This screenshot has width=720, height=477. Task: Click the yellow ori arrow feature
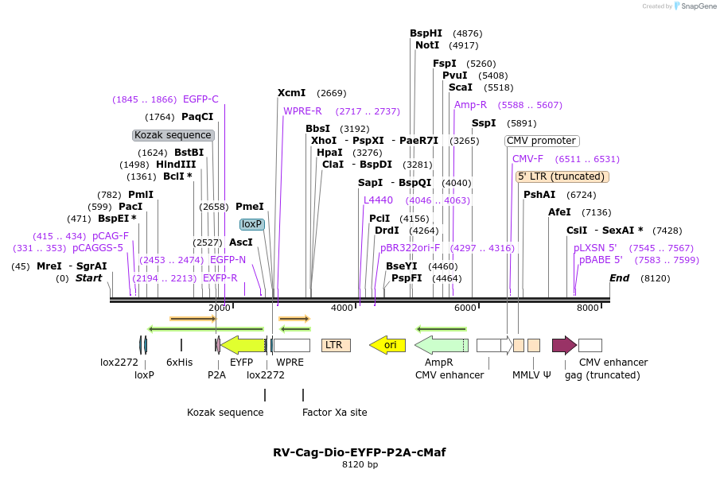click(x=387, y=345)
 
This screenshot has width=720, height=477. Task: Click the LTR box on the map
click(x=336, y=345)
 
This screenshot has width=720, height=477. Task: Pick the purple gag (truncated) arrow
click(x=564, y=345)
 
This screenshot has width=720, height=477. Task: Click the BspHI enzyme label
click(x=426, y=33)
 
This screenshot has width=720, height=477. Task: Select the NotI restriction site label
click(x=427, y=45)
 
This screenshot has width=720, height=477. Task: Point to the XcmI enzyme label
click(x=291, y=93)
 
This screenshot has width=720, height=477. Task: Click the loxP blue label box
click(x=252, y=224)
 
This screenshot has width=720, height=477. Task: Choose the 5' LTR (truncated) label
click(x=562, y=176)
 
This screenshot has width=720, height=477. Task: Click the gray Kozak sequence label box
click(x=173, y=135)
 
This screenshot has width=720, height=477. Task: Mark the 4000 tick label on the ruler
click(x=342, y=308)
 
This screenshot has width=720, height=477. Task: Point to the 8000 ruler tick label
click(x=588, y=308)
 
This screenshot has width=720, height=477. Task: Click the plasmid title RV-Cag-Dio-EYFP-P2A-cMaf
click(x=360, y=452)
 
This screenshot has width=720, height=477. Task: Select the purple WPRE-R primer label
click(x=302, y=111)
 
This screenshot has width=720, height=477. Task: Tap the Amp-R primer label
click(x=470, y=105)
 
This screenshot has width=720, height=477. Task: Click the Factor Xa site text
click(x=335, y=413)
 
